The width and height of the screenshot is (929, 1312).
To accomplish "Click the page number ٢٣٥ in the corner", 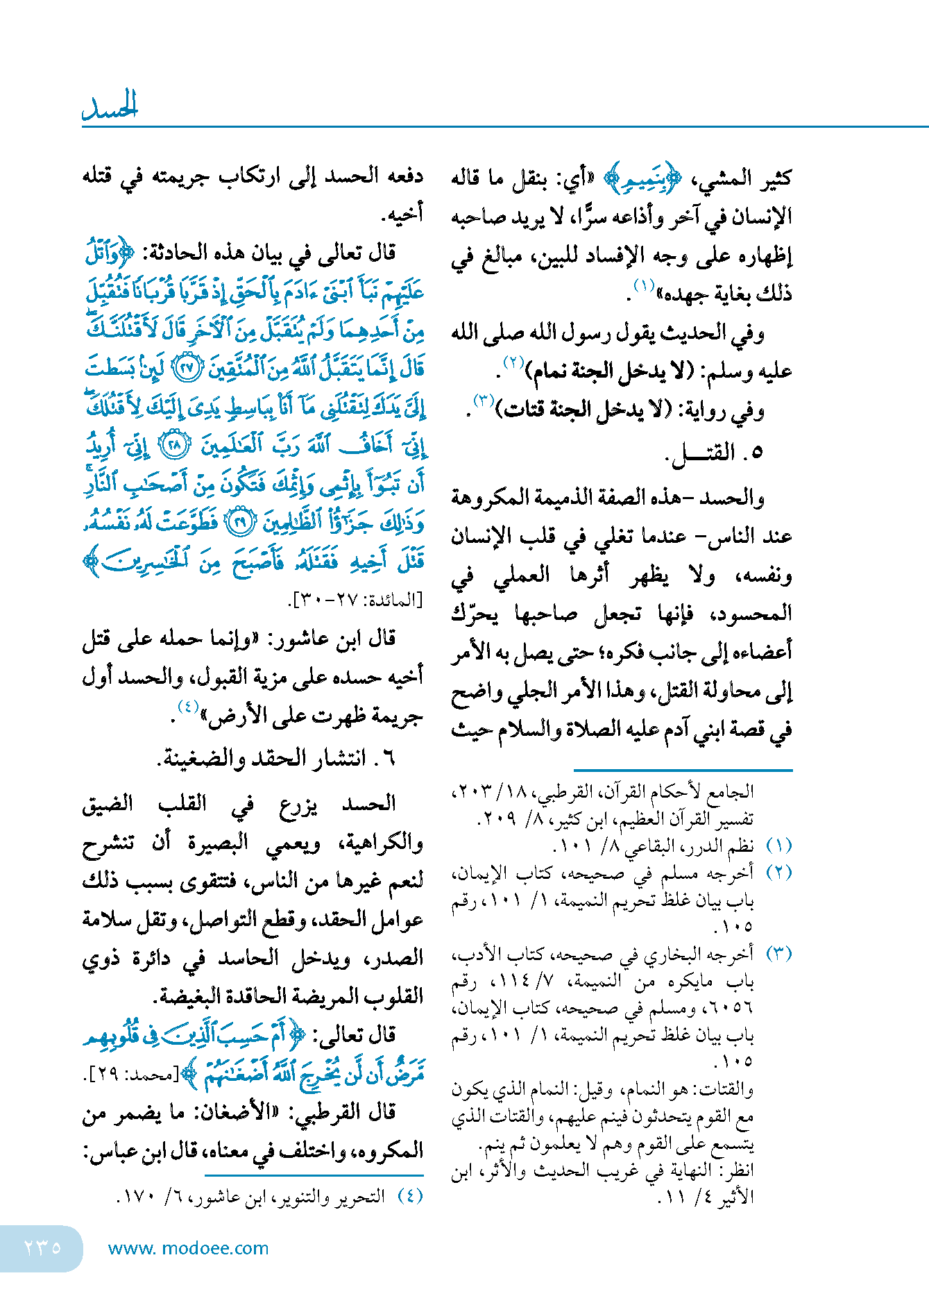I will [42, 1247].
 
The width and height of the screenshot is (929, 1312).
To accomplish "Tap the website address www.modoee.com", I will [188, 1248].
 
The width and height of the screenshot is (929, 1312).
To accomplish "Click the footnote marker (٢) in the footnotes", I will [778, 873].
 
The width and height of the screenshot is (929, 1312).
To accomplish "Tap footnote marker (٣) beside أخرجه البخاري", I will [778, 954].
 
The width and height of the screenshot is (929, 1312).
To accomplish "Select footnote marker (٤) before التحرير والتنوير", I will [410, 1196].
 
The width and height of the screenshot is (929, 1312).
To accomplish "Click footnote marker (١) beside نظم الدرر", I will [778, 846].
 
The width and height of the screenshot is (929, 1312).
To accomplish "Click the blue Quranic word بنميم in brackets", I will [643, 179].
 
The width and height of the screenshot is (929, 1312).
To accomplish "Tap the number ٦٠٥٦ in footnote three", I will [734, 1007].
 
